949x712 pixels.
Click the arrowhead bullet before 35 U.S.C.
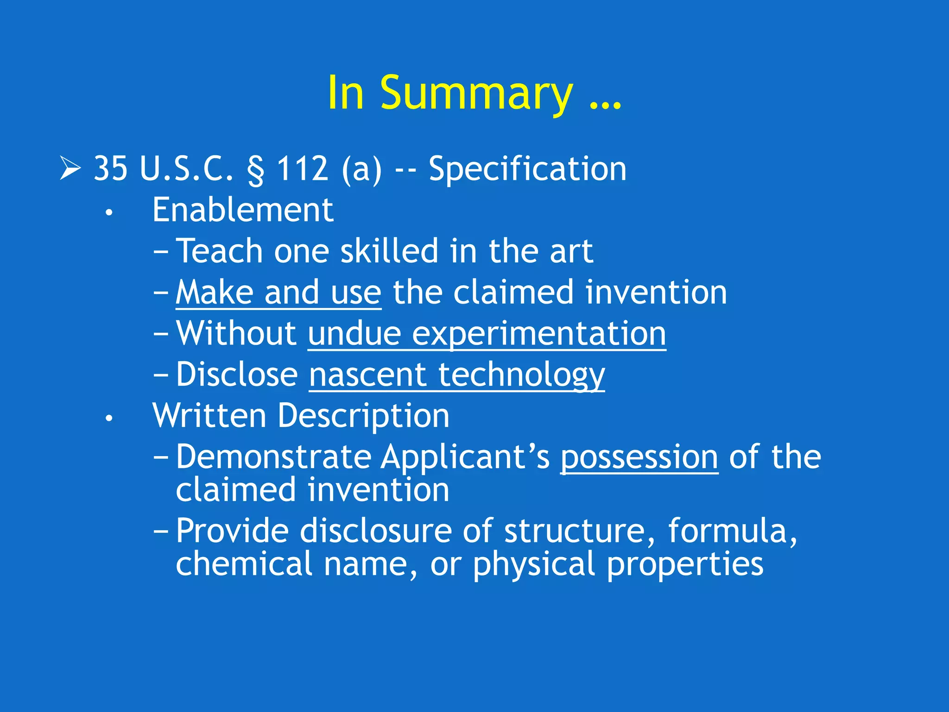pyautogui.click(x=70, y=168)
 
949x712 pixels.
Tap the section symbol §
pyautogui.click(x=255, y=170)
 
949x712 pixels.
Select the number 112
pyautogui.click(x=303, y=168)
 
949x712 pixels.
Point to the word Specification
pyautogui.click(x=527, y=169)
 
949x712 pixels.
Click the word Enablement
pyautogui.click(x=243, y=210)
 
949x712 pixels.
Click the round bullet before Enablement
pyautogui.click(x=109, y=213)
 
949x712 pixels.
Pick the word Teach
pyautogui.click(x=220, y=251)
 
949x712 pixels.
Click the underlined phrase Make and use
pyautogui.click(x=278, y=293)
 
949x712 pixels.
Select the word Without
pyautogui.click(x=237, y=333)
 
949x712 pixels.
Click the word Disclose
pyautogui.click(x=237, y=375)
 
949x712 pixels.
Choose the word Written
pyautogui.click(x=209, y=416)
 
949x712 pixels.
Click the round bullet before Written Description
pyautogui.click(x=109, y=419)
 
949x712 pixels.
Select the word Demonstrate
pyautogui.click(x=274, y=457)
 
